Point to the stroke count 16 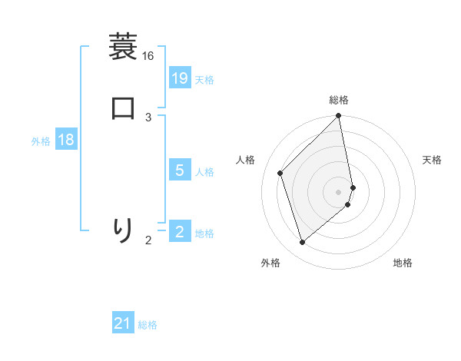pos(148,56)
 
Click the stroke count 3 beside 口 pos(148,117)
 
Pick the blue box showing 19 pos(180,78)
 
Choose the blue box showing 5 pos(180,171)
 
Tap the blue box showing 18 pos(66,140)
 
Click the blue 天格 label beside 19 pos(204,80)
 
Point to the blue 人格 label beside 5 pos(204,172)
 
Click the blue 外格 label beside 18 pos(41,141)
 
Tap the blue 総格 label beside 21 pos(148,326)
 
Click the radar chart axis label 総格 pos(339,100)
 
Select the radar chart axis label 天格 pos(432,160)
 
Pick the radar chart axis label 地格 pos(403,263)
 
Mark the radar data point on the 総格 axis pos(339,117)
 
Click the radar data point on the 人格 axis pos(280,173)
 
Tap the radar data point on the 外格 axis pos(302,243)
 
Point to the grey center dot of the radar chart pos(339,192)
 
